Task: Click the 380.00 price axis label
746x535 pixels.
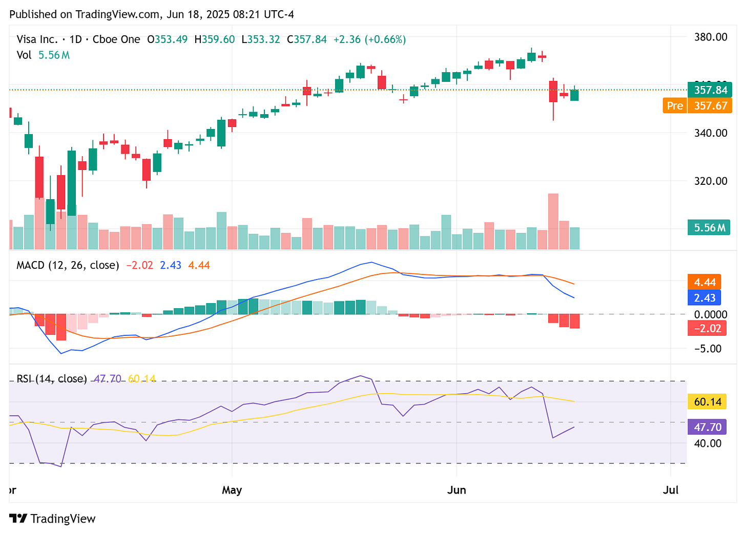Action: pyautogui.click(x=710, y=37)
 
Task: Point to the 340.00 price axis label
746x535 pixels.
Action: pyautogui.click(x=710, y=133)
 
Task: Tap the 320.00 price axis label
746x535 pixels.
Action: pyautogui.click(x=710, y=181)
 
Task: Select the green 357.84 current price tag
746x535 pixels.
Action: pyautogui.click(x=710, y=90)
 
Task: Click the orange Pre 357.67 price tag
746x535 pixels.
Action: pyautogui.click(x=697, y=105)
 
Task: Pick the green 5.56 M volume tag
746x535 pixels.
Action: pyautogui.click(x=709, y=228)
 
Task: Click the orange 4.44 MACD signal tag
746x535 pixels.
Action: pyautogui.click(x=704, y=282)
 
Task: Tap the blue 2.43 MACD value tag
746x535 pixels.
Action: pyautogui.click(x=704, y=298)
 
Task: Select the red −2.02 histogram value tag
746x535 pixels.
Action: pyautogui.click(x=704, y=328)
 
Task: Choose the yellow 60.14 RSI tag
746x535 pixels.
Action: pyautogui.click(x=707, y=402)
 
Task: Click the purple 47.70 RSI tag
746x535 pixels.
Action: pyautogui.click(x=707, y=427)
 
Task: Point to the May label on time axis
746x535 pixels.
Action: pyautogui.click(x=232, y=490)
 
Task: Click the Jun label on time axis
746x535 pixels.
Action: pyautogui.click(x=457, y=490)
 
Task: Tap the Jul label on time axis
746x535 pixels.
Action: pyautogui.click(x=670, y=490)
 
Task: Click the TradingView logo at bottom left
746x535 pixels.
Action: pyautogui.click(x=52, y=519)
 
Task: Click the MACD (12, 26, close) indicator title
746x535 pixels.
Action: pyautogui.click(x=68, y=265)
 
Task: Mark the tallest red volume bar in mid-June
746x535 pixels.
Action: pyautogui.click(x=553, y=221)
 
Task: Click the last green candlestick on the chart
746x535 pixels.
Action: pyautogui.click(x=574, y=95)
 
